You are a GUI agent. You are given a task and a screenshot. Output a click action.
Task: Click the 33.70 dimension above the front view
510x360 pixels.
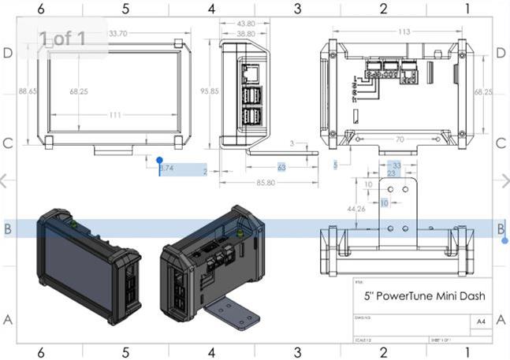point(118,34)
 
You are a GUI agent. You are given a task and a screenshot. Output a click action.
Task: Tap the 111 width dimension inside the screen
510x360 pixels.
point(115,115)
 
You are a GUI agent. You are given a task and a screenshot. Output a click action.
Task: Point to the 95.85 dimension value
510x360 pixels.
point(208,91)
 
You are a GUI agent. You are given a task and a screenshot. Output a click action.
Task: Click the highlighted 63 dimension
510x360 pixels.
point(281,168)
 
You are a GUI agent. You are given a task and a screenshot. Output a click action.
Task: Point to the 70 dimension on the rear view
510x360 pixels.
point(400,139)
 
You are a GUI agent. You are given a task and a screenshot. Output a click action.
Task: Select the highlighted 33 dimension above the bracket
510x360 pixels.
point(396,165)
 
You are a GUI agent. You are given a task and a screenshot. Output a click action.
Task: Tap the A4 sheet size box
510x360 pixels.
point(480,321)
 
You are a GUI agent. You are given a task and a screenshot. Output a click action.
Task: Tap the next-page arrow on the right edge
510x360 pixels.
point(503,180)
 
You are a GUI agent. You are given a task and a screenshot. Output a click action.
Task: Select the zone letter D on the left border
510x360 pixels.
point(9,53)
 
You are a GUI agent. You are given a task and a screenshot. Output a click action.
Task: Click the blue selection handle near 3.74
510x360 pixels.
point(160,160)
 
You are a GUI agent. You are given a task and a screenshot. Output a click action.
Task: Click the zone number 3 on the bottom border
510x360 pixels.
point(298,352)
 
